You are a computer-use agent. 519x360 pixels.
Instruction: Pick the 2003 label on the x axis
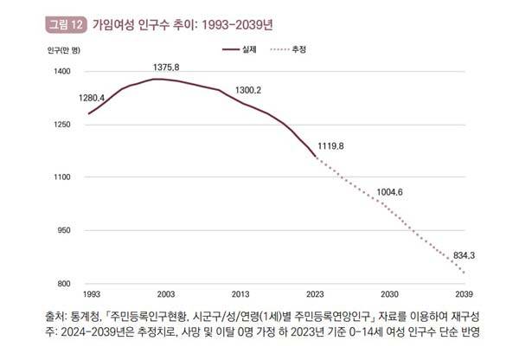pos(165,295)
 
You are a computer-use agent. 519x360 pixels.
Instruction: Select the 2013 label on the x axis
pos(240,295)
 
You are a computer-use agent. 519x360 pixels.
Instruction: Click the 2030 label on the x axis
pos(389,295)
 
